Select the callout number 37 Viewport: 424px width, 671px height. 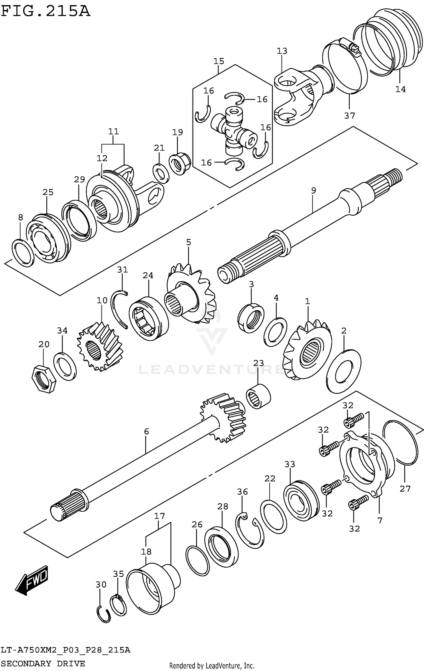(349, 116)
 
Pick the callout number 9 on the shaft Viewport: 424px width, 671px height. (313, 191)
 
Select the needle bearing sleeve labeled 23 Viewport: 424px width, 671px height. (258, 396)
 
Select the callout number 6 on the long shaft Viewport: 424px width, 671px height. (146, 431)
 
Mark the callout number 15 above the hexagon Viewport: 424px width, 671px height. (219, 61)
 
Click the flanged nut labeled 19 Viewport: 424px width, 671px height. (179, 164)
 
